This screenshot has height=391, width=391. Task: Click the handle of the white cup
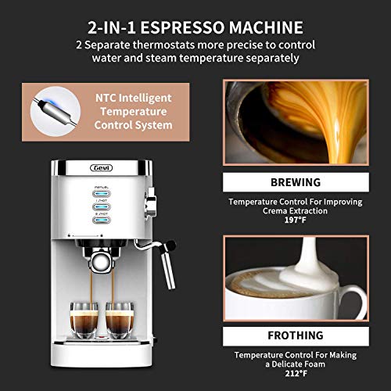pos(358,300)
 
